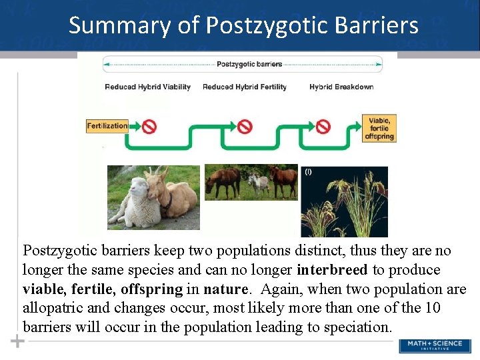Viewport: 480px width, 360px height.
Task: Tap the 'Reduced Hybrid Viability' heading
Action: [147, 87]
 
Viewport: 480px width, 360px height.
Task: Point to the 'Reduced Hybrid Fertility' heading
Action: [244, 87]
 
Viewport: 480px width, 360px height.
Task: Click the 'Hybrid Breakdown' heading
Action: [341, 87]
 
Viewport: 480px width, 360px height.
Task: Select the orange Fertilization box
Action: [107, 125]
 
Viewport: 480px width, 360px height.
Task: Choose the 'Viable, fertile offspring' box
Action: [379, 128]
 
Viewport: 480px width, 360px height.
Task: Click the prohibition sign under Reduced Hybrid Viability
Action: [149, 125]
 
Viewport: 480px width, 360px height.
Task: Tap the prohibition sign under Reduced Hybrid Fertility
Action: [245, 125]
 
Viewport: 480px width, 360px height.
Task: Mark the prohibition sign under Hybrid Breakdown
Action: [323, 125]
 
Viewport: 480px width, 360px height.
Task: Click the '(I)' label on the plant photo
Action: [308, 171]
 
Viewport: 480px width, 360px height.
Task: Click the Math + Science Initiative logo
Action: [434, 346]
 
